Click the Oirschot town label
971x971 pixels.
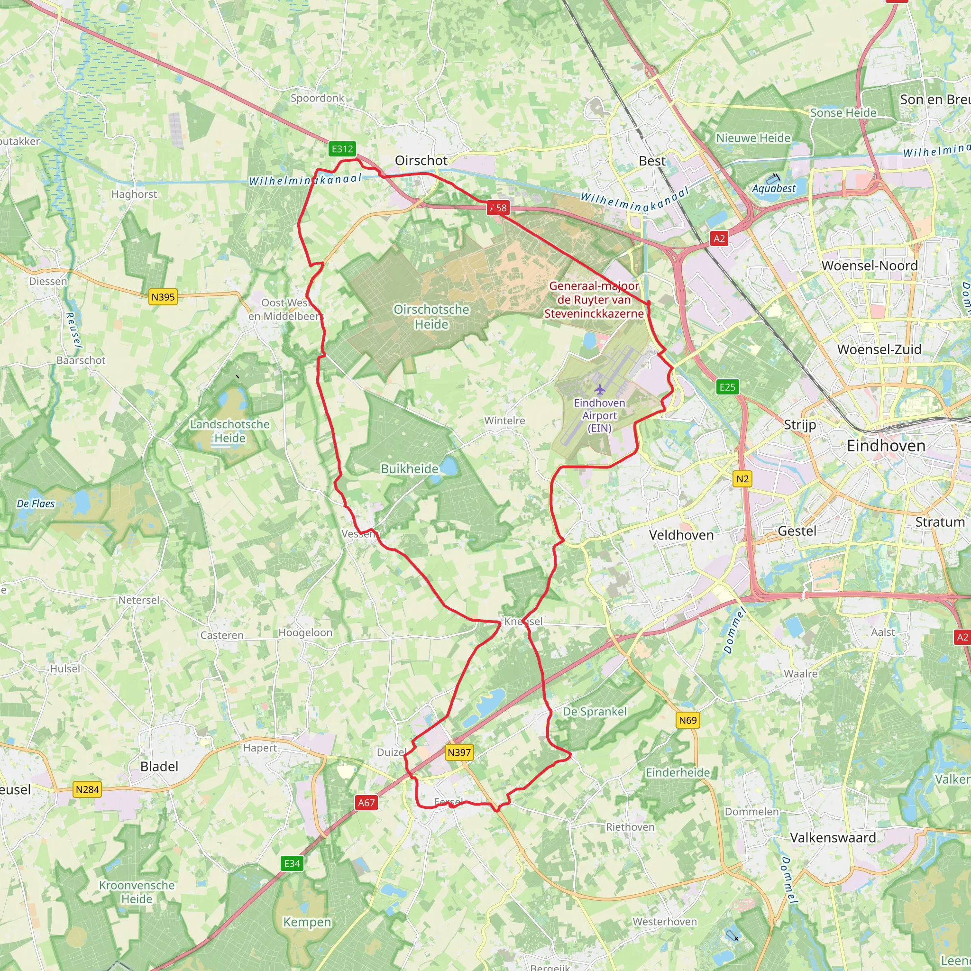[421, 160]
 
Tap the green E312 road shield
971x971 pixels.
[342, 149]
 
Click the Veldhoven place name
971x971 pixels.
[681, 535]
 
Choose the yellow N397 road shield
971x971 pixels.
[459, 752]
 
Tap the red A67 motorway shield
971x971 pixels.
[366, 803]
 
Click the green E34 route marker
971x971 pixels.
[292, 863]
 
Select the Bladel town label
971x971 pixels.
[159, 766]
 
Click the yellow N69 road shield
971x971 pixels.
[687, 720]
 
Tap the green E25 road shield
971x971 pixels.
[727, 387]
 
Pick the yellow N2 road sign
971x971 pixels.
[742, 479]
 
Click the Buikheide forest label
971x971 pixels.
[410, 468]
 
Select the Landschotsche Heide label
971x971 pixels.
[229, 431]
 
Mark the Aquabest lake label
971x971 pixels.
[773, 189]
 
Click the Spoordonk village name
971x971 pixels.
[317, 98]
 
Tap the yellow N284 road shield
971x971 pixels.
[87, 789]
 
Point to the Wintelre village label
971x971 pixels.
[504, 421]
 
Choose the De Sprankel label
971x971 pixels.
[595, 711]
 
